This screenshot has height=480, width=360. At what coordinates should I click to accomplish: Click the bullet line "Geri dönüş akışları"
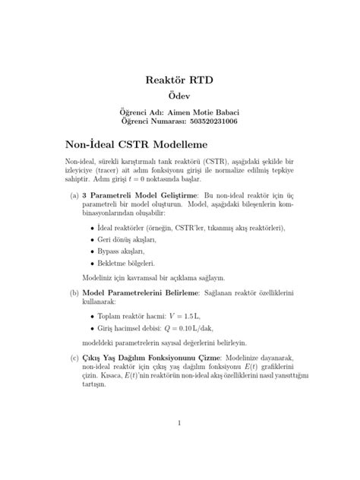pyautogui.click(x=125, y=238)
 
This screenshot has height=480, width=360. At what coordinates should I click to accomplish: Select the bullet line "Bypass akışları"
pyautogui.click(x=121, y=251)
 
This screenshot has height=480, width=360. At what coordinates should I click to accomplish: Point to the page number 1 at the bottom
pyautogui.click(x=179, y=424)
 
